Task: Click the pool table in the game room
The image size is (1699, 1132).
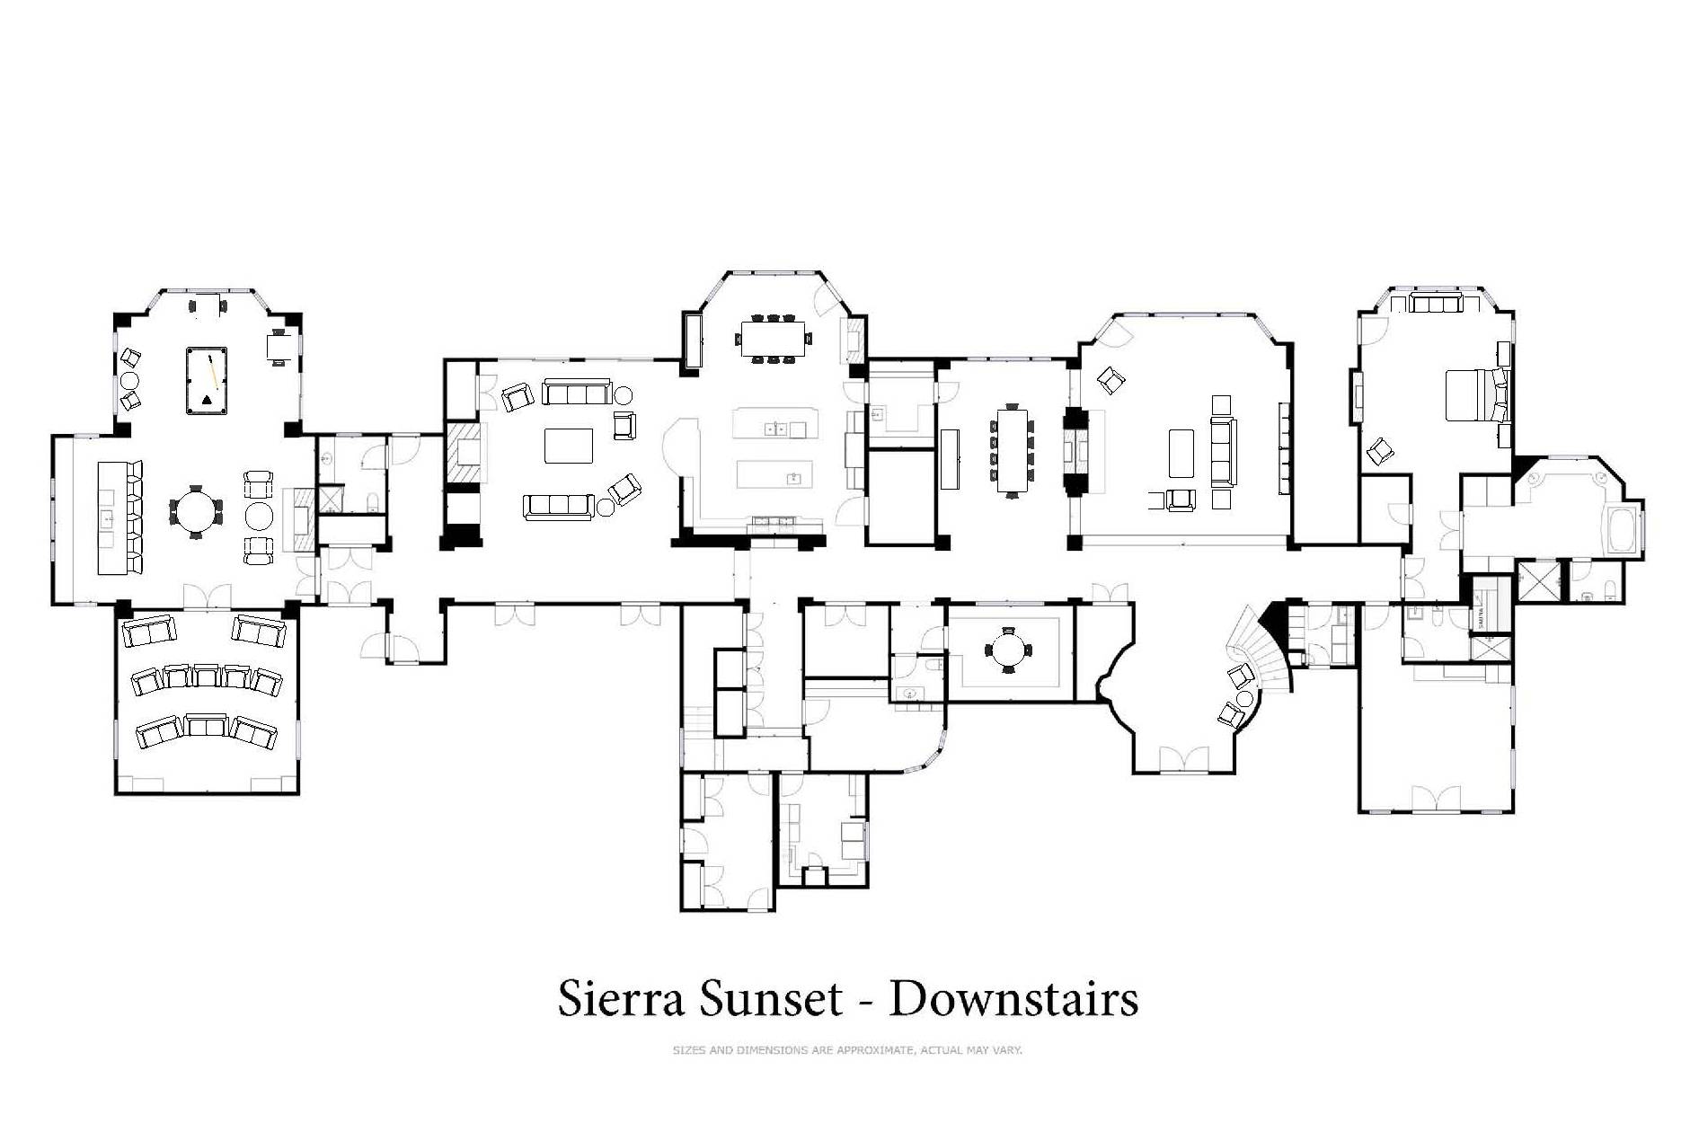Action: [x=207, y=381]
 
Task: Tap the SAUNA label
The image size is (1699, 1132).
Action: [x=1479, y=616]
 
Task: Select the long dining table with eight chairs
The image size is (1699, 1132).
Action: [x=1012, y=451]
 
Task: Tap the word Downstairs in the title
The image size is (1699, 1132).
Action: [x=1013, y=998]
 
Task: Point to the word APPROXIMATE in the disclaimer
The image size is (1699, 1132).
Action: [x=875, y=1049]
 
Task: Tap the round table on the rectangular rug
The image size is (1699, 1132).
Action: [x=1010, y=649]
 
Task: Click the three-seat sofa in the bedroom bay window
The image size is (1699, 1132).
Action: [x=1437, y=304]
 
